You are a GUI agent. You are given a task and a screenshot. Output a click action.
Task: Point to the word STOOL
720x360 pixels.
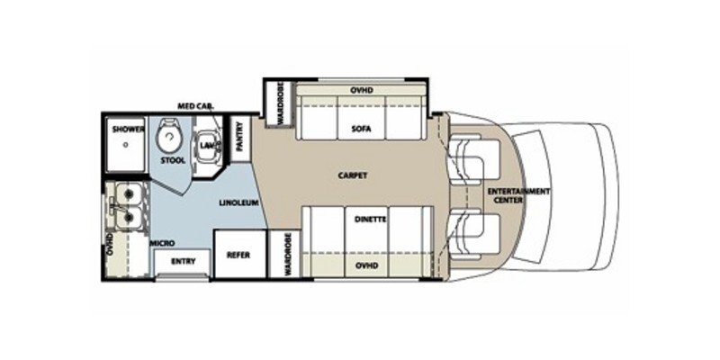click(173, 161)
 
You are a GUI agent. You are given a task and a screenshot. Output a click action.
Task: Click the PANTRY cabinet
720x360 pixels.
click(240, 139)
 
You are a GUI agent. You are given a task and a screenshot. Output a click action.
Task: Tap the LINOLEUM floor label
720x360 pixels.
click(237, 203)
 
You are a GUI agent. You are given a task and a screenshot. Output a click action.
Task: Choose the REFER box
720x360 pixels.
click(238, 254)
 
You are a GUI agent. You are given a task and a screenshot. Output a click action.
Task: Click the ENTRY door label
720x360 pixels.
click(184, 263)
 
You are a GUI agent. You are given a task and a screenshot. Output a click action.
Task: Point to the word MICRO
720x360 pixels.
click(162, 244)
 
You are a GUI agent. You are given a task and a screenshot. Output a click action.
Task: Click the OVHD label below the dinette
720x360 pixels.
click(364, 267)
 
